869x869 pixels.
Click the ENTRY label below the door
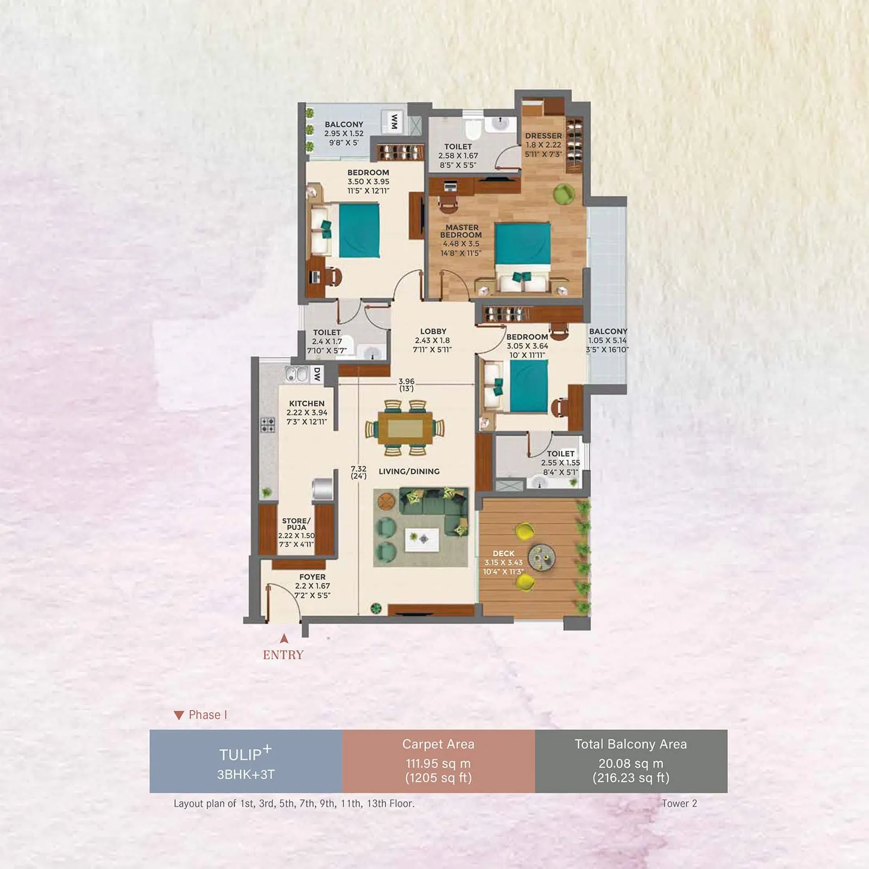click(x=283, y=655)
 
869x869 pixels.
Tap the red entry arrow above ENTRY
click(x=284, y=639)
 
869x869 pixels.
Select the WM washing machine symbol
click(x=394, y=122)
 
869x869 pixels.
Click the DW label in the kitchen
click(x=317, y=374)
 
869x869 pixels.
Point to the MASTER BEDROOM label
click(x=461, y=231)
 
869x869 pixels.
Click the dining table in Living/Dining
click(x=405, y=428)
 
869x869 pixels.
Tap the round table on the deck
click(x=541, y=557)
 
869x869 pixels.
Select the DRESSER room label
click(x=544, y=136)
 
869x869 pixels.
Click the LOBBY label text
click(x=433, y=331)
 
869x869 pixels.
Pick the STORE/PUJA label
click(x=297, y=524)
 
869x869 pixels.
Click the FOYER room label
click(x=312, y=577)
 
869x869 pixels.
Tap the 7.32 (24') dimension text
click(x=358, y=471)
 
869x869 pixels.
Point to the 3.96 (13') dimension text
click(x=406, y=385)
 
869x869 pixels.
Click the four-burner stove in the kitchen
click(x=268, y=425)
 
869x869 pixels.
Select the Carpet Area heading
click(x=438, y=744)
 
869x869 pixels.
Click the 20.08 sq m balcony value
click(x=631, y=763)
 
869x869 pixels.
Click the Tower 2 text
click(x=679, y=803)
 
